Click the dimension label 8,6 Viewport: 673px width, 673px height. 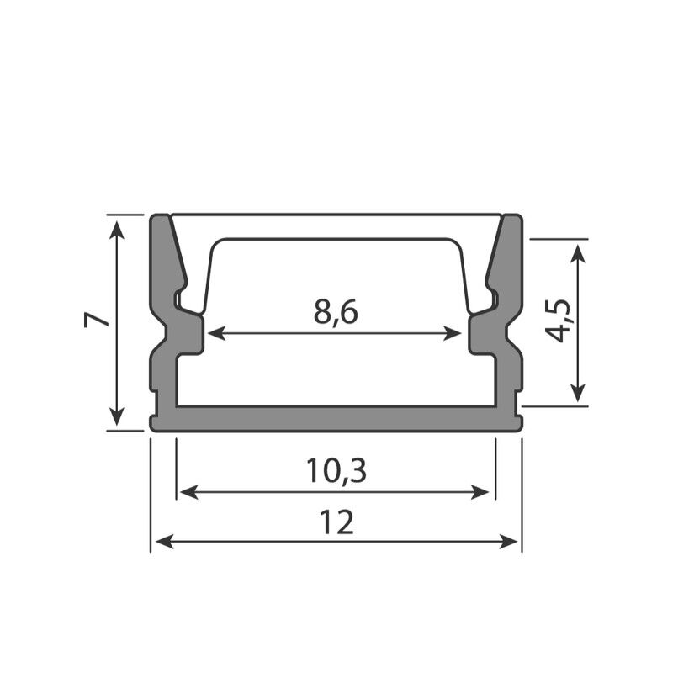pyautogui.click(x=336, y=312)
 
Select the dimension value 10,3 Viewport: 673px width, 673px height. pyautogui.click(x=336, y=471)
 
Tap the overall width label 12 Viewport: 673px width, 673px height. pyautogui.click(x=337, y=522)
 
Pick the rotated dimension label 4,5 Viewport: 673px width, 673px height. pyautogui.click(x=559, y=321)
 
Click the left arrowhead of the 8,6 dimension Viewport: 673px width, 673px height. pyautogui.click(x=216, y=333)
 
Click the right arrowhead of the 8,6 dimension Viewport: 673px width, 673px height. pyautogui.click(x=453, y=333)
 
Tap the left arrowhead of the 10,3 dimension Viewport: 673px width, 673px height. pyautogui.click(x=188, y=492)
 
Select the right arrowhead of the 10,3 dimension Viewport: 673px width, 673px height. pyautogui.click(x=480, y=492)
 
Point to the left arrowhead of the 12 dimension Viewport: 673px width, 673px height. pyautogui.click(x=164, y=542)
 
